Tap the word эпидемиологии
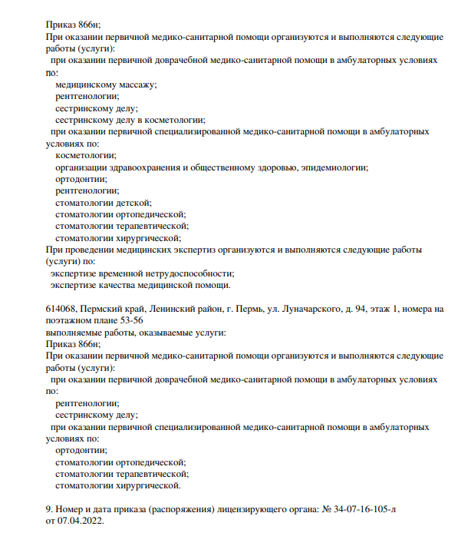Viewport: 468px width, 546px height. coord(335,167)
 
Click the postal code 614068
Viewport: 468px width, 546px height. coord(61,309)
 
